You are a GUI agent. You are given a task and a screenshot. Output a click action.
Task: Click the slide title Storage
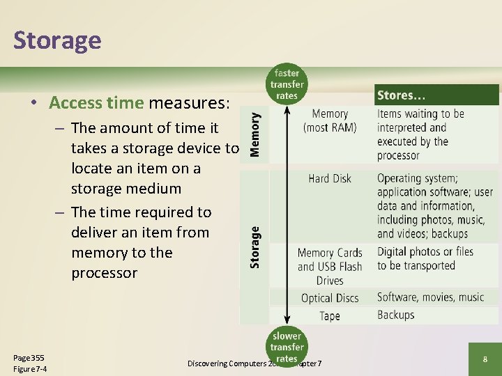click(57, 40)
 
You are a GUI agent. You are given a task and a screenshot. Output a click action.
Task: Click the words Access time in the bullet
click(96, 103)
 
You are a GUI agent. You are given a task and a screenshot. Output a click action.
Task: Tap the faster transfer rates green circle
click(287, 84)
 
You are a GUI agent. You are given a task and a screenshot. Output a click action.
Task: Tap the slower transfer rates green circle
click(287, 346)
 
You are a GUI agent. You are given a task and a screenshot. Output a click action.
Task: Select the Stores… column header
click(402, 95)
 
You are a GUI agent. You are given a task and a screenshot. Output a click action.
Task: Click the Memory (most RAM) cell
click(330, 120)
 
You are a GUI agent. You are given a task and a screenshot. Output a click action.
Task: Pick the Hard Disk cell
click(330, 178)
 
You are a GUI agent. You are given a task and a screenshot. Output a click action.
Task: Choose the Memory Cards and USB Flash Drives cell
click(330, 267)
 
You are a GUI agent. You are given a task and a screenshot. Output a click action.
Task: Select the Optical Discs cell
click(330, 298)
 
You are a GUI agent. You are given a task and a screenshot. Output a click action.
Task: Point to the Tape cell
click(330, 315)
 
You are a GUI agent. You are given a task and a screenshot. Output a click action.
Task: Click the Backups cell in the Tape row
click(395, 315)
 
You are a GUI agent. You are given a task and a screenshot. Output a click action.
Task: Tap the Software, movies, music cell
click(430, 297)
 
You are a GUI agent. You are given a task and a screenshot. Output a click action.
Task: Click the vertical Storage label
click(255, 246)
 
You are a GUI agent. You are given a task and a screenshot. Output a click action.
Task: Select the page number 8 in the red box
click(485, 359)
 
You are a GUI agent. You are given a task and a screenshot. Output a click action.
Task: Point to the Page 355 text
click(29, 357)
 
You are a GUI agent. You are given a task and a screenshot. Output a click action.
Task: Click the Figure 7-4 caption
click(30, 368)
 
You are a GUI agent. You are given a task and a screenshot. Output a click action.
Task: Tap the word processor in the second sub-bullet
click(104, 273)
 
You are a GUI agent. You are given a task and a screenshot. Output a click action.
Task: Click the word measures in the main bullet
click(188, 103)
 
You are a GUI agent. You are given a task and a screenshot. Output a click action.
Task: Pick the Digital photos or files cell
click(425, 258)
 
